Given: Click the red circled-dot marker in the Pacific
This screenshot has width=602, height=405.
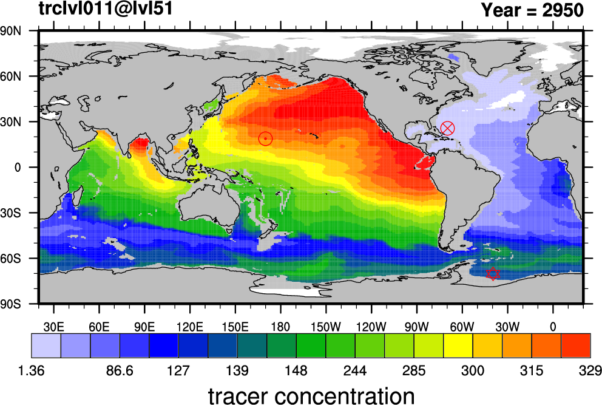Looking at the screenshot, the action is pyautogui.click(x=265, y=138).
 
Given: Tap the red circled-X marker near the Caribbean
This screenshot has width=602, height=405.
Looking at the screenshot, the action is pyautogui.click(x=448, y=128).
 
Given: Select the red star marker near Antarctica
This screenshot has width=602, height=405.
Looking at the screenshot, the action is pyautogui.click(x=493, y=274).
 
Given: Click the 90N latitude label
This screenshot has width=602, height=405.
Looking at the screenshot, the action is pyautogui.click(x=11, y=31).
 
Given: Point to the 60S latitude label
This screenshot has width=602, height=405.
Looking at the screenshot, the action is pyautogui.click(x=11, y=258).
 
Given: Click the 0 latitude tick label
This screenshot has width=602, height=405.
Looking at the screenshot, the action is pyautogui.click(x=18, y=168).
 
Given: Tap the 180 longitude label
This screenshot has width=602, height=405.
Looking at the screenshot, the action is pyautogui.click(x=280, y=327).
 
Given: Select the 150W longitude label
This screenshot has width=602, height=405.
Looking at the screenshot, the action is pyautogui.click(x=326, y=327).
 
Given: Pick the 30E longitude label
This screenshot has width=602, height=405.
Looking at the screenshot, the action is pyautogui.click(x=54, y=327).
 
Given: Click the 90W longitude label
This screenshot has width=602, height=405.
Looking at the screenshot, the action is pyautogui.click(x=417, y=327).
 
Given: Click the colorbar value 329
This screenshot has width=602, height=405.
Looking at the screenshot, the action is pyautogui.click(x=590, y=370).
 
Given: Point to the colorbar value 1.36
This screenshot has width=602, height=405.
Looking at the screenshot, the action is pyautogui.click(x=31, y=370).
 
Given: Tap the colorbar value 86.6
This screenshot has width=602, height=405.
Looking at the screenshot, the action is pyautogui.click(x=120, y=370).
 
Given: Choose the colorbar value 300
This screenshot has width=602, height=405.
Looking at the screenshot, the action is pyautogui.click(x=473, y=370).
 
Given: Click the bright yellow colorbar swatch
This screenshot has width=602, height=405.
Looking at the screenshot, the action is pyautogui.click(x=458, y=346).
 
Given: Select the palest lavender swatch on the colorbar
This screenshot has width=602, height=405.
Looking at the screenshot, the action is pyautogui.click(x=46, y=346).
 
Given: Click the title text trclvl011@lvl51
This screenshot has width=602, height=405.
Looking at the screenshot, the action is pyautogui.click(x=106, y=9).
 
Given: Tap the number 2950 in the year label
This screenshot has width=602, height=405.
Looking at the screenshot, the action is pyautogui.click(x=563, y=10).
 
